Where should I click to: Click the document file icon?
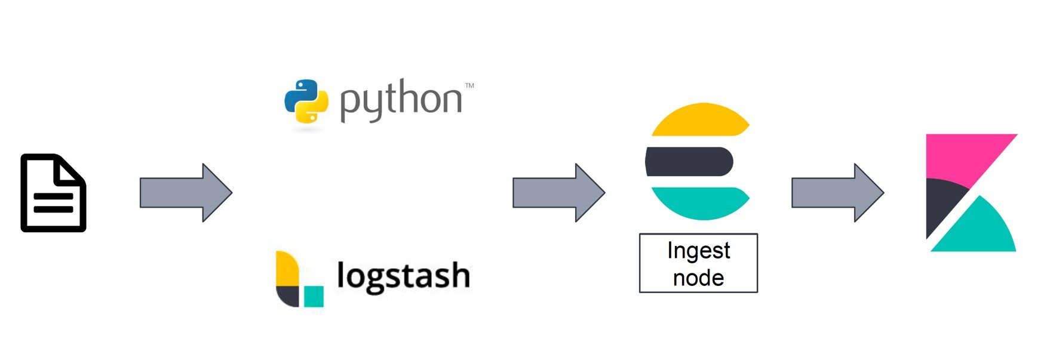[53, 193]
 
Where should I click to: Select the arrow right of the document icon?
[186, 193]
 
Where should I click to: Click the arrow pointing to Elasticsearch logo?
[559, 193]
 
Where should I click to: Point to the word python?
[401, 100]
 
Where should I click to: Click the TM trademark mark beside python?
[469, 86]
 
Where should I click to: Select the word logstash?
[403, 276]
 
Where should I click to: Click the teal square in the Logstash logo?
[314, 296]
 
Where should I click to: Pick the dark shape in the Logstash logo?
[287, 297]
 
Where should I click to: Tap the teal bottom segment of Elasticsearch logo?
[700, 202]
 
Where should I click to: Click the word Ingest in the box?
[698, 251]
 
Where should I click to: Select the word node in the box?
[698, 278]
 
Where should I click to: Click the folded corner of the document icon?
[70, 170]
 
